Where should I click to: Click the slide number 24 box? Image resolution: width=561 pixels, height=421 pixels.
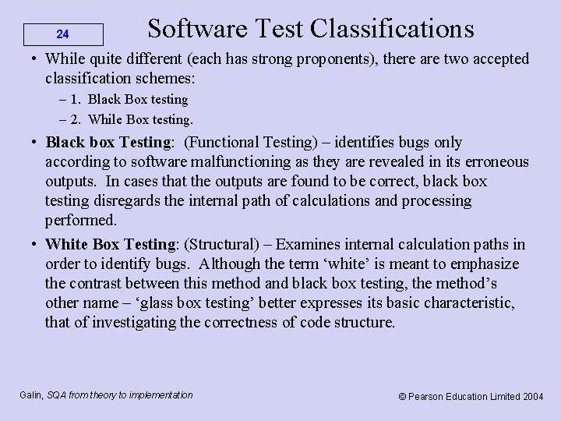tap(63, 34)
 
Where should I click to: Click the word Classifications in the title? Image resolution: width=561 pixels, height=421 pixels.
tap(392, 29)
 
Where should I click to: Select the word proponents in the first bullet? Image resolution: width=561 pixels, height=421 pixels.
tap(335, 59)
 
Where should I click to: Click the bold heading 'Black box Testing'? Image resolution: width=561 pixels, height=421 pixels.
tap(108, 143)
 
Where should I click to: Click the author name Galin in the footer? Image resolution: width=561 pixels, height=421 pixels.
tap(31, 395)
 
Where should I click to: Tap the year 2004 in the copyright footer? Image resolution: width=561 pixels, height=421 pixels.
tap(533, 396)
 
